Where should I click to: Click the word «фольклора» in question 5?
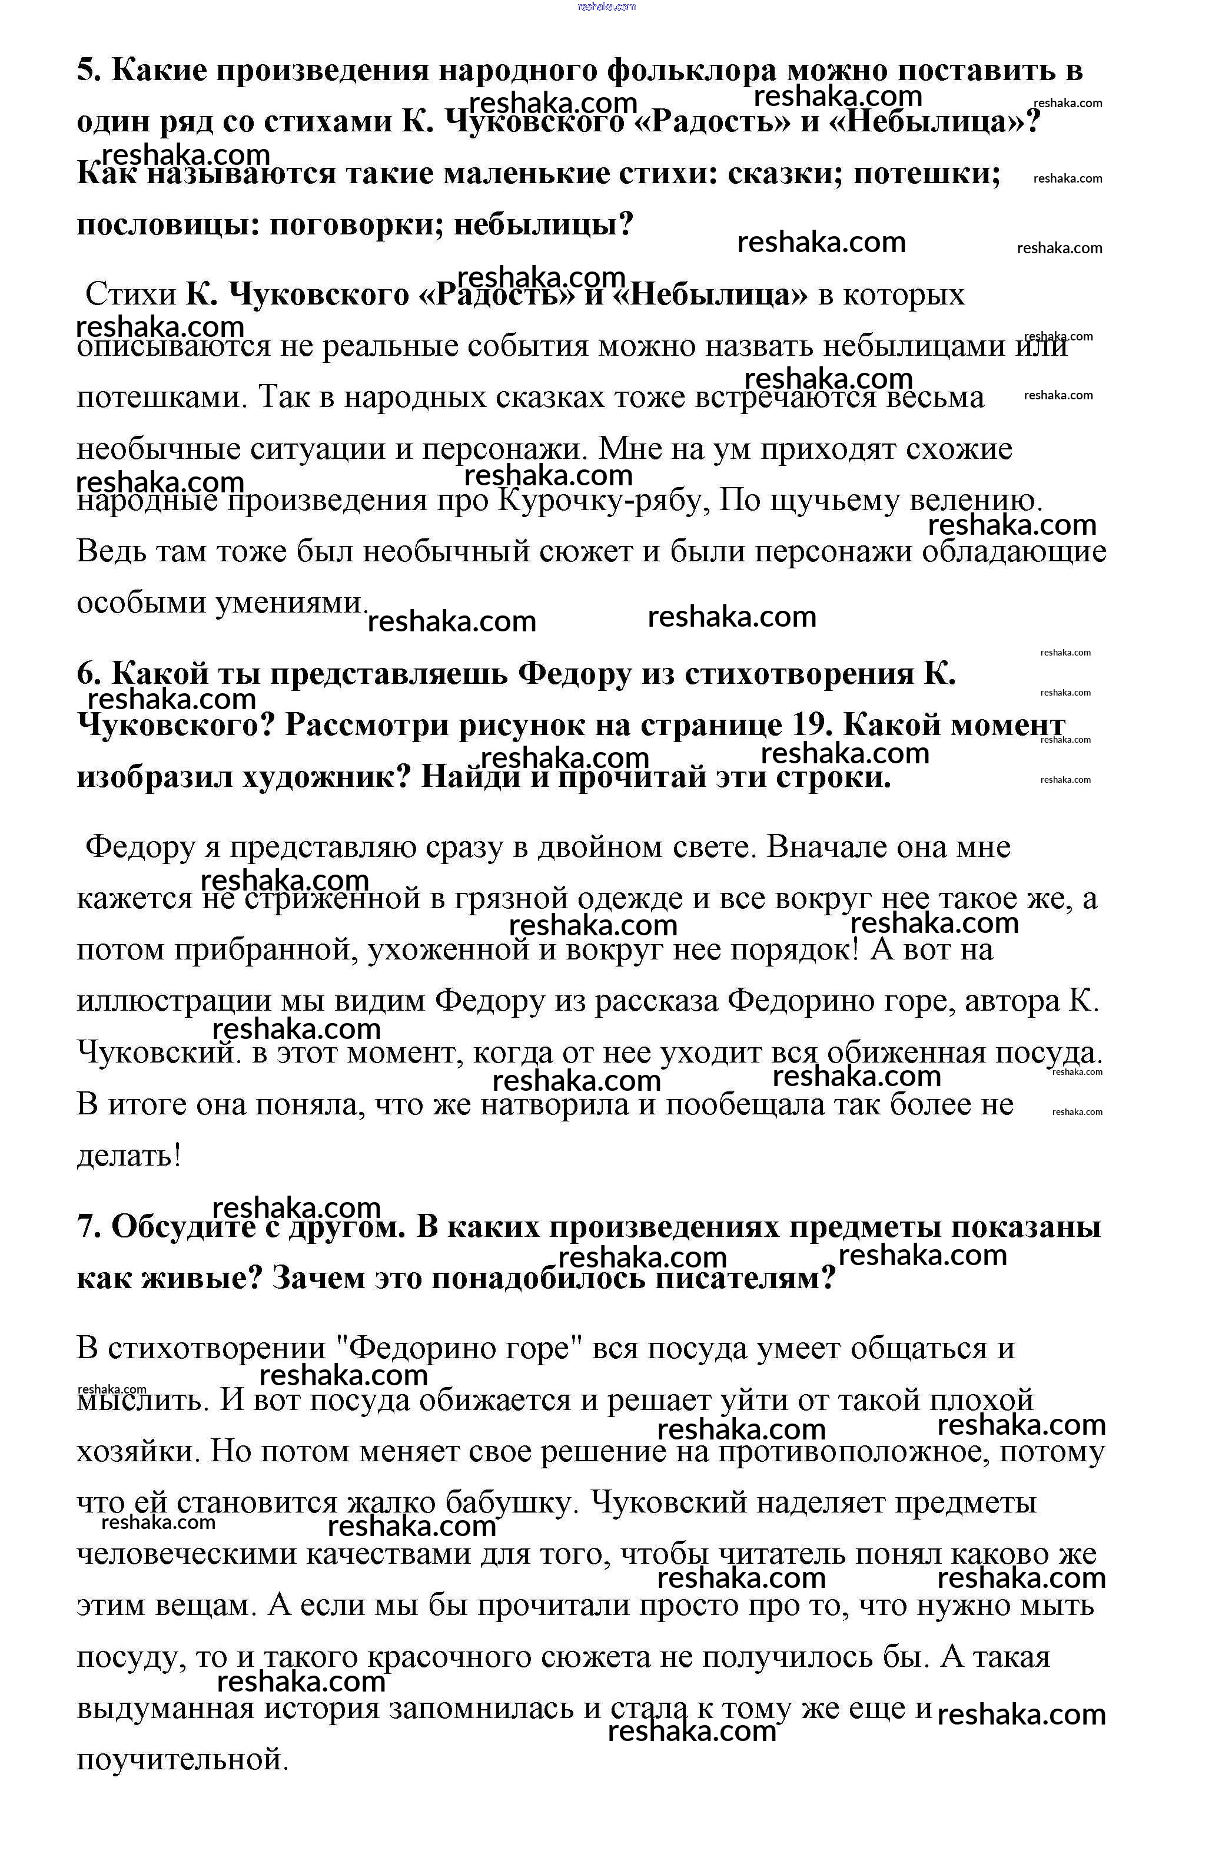[x=691, y=71]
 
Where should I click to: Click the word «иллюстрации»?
[x=170, y=1002]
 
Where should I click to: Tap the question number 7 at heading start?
[x=85, y=1227]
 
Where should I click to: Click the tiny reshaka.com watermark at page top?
[x=606, y=6]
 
